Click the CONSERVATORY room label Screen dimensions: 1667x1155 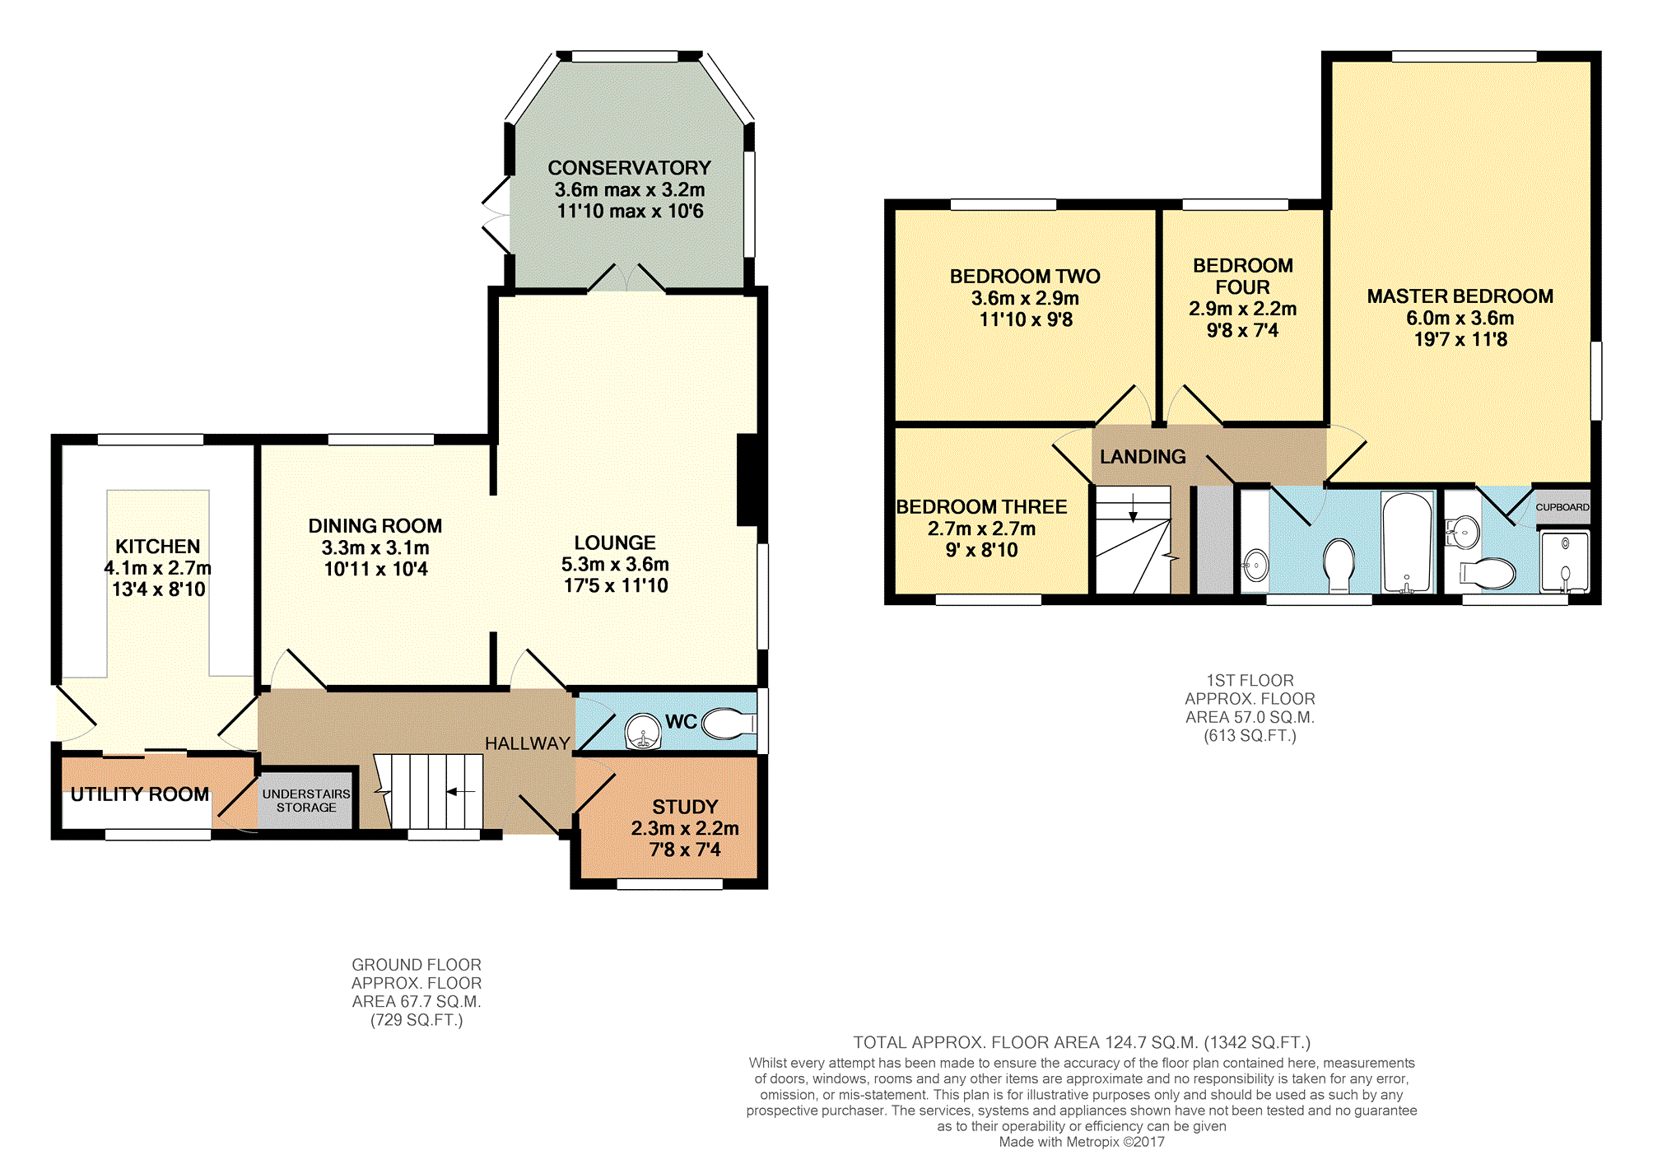(629, 168)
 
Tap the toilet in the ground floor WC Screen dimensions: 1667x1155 (729, 724)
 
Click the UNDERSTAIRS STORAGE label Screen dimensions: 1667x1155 (306, 800)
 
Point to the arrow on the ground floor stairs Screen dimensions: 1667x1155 (461, 792)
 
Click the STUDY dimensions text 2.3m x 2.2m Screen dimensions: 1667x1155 (685, 828)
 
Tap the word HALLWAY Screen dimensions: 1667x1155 (528, 743)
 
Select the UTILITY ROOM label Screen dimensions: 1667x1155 (140, 794)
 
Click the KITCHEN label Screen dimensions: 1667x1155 (157, 547)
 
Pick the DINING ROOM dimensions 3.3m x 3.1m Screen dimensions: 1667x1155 (375, 547)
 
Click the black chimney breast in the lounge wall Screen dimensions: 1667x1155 (750, 479)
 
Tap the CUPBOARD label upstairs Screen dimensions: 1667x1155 (1562, 507)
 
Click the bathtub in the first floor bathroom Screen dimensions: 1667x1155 (1408, 542)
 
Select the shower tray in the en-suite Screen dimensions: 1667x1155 (1564, 562)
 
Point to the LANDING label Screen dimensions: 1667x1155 (1143, 457)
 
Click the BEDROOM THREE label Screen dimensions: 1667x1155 (981, 507)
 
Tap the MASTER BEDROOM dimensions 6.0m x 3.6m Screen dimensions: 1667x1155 (1460, 318)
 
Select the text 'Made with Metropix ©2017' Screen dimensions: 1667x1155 (1082, 1142)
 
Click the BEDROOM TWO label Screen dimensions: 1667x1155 (1025, 277)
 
